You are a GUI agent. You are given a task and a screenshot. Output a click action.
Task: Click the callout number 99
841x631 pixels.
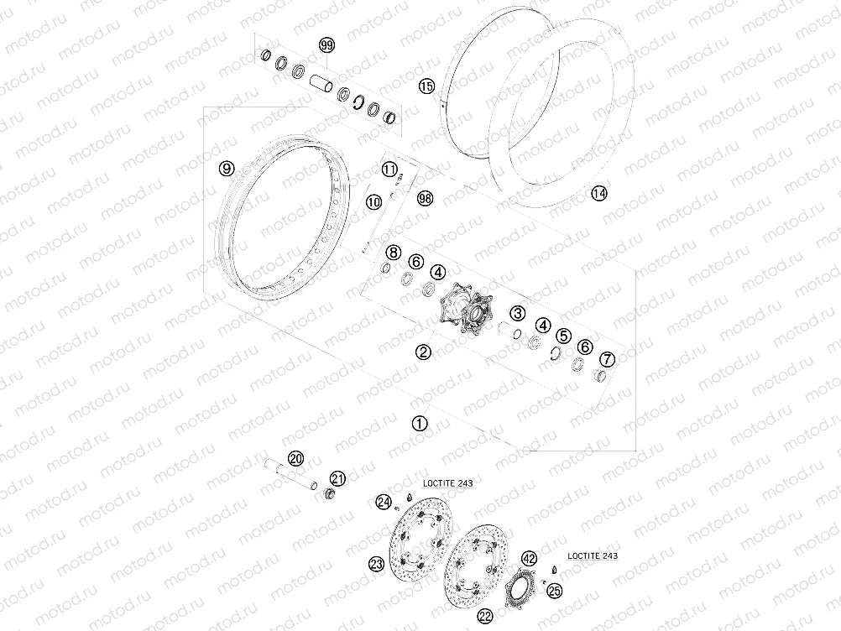(x=326, y=45)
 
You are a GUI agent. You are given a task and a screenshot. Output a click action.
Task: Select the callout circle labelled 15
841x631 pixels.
(x=426, y=86)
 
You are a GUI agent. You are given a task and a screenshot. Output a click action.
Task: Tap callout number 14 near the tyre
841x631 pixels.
(x=599, y=193)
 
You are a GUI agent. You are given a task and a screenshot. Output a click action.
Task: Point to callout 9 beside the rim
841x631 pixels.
(x=227, y=169)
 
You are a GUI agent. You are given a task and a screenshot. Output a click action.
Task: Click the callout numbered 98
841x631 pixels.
(x=425, y=198)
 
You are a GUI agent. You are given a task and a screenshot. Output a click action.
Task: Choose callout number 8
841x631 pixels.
(x=394, y=252)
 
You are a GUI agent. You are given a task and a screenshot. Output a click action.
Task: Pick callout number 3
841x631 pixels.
(x=517, y=313)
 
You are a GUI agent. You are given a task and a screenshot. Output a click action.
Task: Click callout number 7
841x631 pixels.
(x=607, y=358)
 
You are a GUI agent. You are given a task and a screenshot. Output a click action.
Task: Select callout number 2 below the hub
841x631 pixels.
(x=423, y=352)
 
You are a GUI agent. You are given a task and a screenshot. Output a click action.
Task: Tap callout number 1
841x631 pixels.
(x=420, y=423)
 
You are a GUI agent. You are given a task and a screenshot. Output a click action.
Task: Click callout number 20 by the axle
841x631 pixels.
(x=295, y=458)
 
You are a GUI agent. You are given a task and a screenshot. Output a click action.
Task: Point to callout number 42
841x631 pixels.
(x=529, y=559)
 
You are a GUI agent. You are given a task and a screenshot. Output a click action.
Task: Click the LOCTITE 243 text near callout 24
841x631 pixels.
(x=448, y=483)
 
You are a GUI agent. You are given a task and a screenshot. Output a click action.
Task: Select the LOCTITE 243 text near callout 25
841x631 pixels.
(x=592, y=556)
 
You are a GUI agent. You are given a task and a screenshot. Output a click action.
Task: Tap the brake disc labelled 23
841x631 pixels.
(x=420, y=541)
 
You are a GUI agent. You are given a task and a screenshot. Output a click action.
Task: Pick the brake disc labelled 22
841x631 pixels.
(x=477, y=567)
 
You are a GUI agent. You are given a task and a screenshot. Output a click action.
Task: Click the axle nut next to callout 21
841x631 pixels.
(x=328, y=493)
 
